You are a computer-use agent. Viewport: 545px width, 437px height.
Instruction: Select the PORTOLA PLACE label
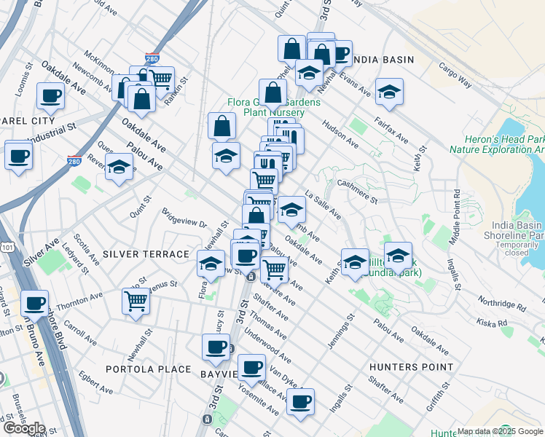148,369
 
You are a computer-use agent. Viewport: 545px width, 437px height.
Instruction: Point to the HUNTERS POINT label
411,368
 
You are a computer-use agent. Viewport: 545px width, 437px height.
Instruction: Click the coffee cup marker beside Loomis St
51,95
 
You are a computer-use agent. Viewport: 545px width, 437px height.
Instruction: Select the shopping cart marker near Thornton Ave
136,300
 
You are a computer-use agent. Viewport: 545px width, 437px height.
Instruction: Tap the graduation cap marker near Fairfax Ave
390,92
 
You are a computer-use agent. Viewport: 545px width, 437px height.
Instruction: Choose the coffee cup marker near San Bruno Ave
34,302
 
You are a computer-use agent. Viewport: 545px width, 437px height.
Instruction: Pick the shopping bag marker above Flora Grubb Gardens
272,92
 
